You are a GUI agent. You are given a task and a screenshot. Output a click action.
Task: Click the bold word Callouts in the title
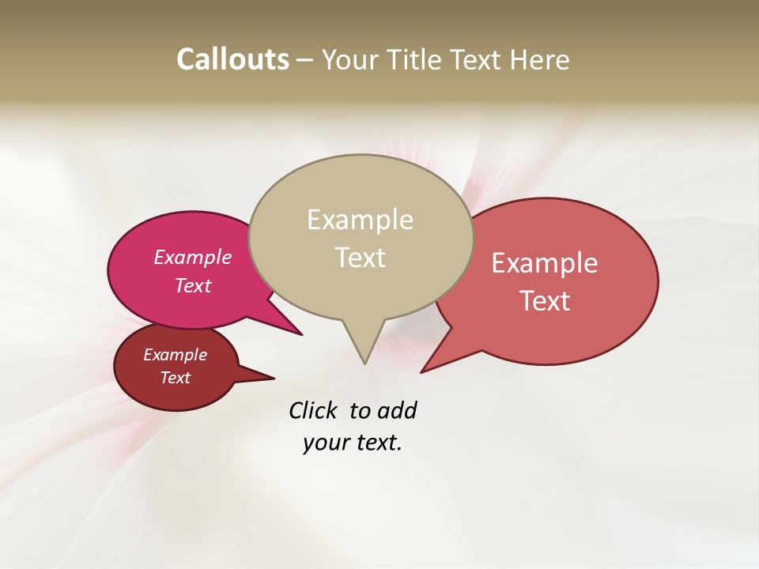[x=232, y=59]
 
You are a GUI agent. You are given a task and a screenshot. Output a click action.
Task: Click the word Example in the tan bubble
[x=360, y=220]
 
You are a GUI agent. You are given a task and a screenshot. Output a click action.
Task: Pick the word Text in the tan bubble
[x=361, y=258]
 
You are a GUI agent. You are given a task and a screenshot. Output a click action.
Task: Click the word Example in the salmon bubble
[x=545, y=263]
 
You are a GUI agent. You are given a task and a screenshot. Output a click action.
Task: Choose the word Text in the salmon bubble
[x=546, y=301]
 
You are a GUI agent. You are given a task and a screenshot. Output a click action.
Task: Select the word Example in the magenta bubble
[x=192, y=257]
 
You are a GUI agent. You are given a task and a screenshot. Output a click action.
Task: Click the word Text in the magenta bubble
[x=192, y=285]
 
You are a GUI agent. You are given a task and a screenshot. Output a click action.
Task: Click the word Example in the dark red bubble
[x=175, y=355]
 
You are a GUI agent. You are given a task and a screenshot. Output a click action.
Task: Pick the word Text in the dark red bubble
[x=175, y=378]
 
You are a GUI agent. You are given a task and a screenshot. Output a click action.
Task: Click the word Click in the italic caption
[x=313, y=410]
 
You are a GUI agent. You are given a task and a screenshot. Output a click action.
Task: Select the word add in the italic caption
[x=397, y=410]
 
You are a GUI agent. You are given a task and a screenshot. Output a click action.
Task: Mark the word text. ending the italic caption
[x=376, y=443]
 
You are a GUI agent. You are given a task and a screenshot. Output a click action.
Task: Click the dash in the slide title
[x=305, y=60]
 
